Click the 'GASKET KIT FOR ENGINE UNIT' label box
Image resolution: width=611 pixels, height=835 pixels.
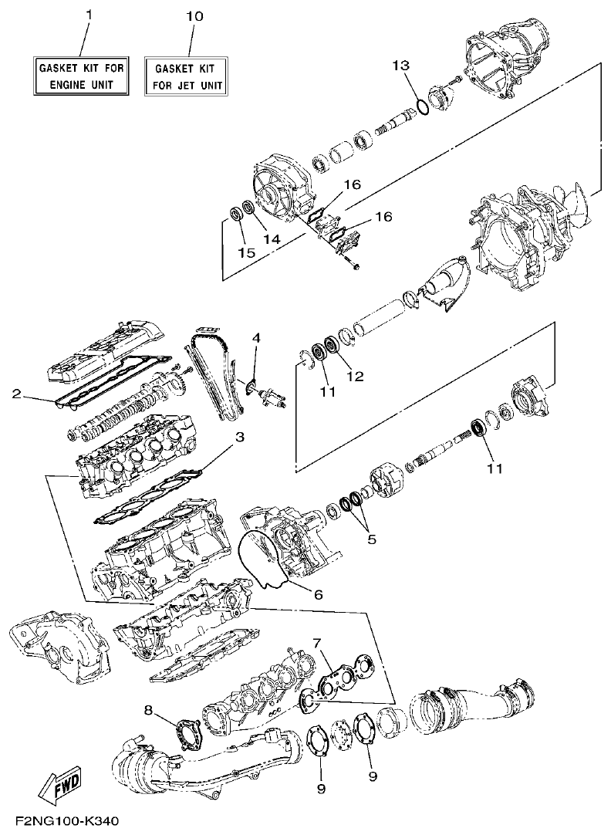coord(82,74)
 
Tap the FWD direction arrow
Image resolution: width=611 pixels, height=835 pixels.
coord(55,786)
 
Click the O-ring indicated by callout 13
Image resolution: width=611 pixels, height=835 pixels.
coord(421,106)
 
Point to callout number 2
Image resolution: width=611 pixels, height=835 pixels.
coord(15,394)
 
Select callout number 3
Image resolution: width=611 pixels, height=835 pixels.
coord(240,437)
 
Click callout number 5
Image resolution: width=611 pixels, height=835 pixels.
coord(372,539)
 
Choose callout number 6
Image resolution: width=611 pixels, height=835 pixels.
coord(318,594)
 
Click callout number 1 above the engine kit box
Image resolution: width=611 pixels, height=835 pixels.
coord(88,16)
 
